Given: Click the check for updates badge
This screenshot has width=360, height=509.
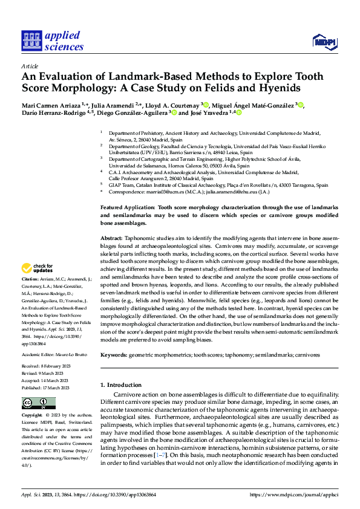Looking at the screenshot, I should click(x=37, y=268).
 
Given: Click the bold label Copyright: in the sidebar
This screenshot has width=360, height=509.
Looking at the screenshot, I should click(x=32, y=416).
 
